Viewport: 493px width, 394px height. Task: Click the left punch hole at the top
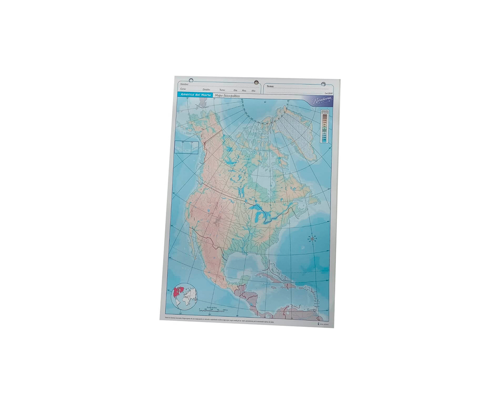tap(191, 80)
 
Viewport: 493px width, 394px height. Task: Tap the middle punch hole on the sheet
tap(256, 82)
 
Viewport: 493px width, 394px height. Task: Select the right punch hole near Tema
tap(323, 84)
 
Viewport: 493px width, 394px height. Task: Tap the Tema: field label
tap(270, 87)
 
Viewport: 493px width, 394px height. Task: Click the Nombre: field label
tap(185, 84)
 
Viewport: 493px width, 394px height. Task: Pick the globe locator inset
tap(184, 296)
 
